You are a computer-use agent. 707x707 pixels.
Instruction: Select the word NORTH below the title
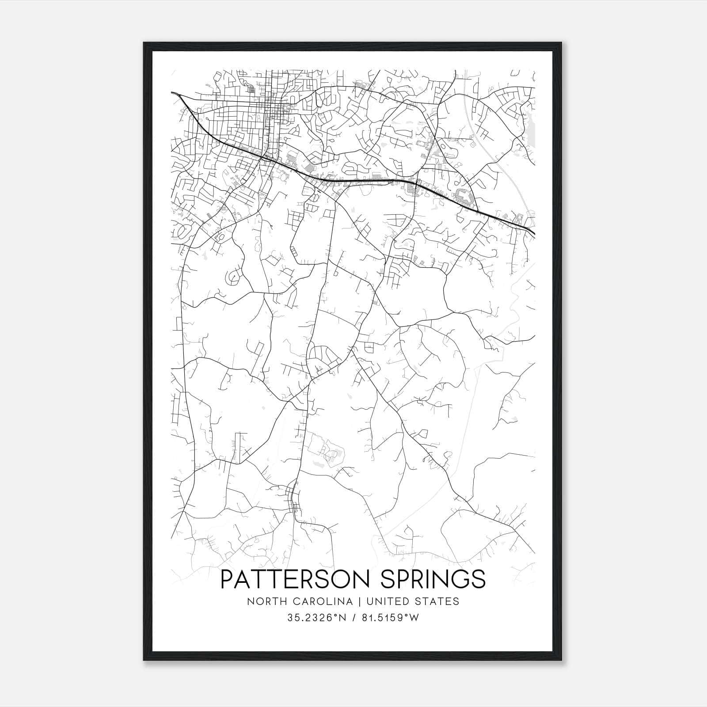[x=262, y=601]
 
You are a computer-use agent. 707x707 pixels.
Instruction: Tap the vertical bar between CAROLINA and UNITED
[x=357, y=601]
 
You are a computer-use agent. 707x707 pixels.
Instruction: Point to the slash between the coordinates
[x=353, y=618]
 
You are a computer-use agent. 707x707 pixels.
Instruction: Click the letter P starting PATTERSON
[x=227, y=579]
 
